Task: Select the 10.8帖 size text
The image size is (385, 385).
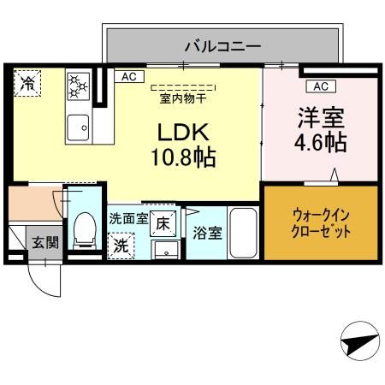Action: (184, 158)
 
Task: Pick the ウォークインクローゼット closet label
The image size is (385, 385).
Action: (322, 224)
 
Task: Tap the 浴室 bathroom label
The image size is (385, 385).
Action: (206, 232)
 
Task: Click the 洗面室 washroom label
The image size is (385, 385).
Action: (128, 219)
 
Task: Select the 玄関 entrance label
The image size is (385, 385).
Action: (45, 243)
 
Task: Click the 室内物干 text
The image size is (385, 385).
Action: (182, 98)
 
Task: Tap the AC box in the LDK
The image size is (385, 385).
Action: (128, 77)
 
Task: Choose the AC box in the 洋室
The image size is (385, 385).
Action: (320, 86)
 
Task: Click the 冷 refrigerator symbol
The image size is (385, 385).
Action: (28, 83)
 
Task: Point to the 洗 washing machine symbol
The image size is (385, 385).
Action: (122, 244)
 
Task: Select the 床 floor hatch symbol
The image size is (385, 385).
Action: (163, 224)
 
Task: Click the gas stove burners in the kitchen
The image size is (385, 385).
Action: (79, 86)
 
